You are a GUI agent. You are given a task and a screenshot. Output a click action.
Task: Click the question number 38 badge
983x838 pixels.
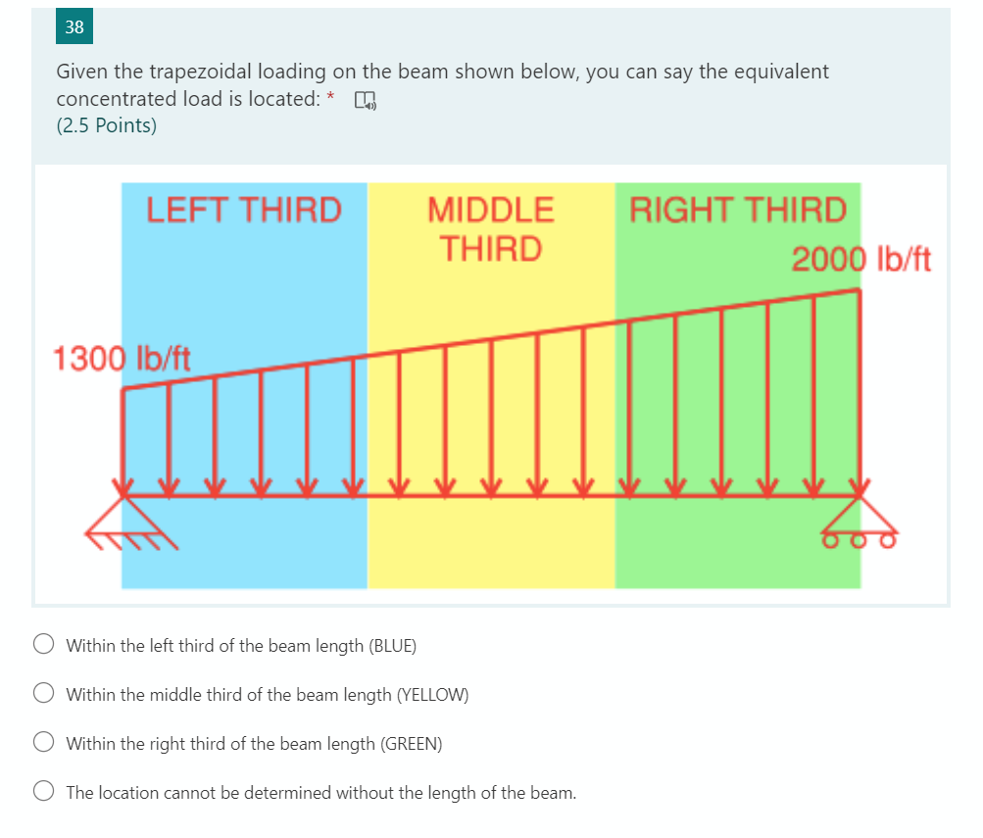[74, 27]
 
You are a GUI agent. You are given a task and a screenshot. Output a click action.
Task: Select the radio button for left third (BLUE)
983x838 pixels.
[44, 645]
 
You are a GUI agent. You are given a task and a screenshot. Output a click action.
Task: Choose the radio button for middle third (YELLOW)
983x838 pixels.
[44, 694]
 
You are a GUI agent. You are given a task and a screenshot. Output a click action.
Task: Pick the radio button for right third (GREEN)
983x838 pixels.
[44, 743]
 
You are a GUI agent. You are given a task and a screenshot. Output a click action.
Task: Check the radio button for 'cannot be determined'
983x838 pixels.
[44, 792]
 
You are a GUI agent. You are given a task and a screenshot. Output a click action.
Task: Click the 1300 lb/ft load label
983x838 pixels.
[122, 359]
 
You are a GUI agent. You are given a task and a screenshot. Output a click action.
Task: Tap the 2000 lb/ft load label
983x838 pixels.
[860, 260]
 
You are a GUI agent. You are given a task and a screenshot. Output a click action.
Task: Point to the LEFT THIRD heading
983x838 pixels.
[244, 210]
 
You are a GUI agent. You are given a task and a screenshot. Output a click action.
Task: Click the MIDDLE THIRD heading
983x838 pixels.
[491, 228]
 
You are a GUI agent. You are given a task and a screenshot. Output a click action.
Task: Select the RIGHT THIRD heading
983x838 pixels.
[738, 210]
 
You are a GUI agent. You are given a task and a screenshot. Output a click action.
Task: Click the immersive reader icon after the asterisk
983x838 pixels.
[365, 100]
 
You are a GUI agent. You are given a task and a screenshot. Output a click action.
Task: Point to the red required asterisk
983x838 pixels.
[331, 97]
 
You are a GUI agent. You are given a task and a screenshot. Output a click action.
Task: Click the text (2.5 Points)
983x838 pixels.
[106, 125]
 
